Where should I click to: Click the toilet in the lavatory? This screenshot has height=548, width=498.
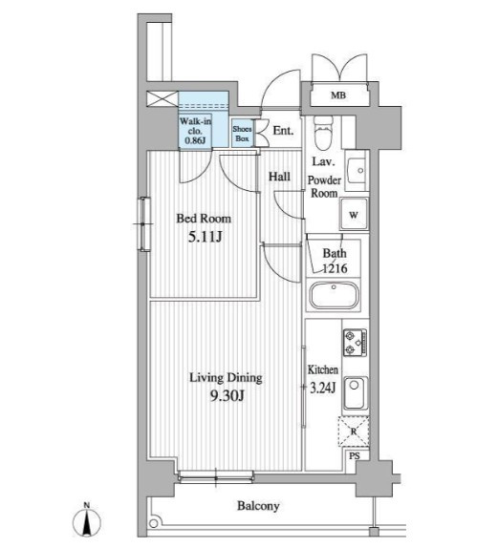coord(323,133)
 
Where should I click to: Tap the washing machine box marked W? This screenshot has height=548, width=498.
coord(354,214)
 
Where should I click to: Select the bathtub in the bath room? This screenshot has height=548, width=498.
coord(334,295)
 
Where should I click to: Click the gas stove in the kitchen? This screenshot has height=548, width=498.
coord(355,343)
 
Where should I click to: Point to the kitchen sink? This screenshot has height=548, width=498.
coord(356,393)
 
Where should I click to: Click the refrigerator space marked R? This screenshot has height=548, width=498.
coord(354,432)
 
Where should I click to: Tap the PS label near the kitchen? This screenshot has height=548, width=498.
coord(355,456)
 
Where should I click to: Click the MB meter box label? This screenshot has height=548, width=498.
coord(338,95)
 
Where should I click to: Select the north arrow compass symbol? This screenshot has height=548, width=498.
coord(87,520)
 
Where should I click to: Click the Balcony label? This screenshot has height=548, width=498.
coord(258,506)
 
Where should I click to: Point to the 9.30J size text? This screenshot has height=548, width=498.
coord(227,395)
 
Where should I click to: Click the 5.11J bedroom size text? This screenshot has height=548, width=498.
coord(206,238)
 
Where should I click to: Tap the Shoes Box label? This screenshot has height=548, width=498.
coord(242,134)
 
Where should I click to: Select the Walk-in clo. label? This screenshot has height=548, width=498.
coord(195,126)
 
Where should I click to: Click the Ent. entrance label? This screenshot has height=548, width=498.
coord(283,131)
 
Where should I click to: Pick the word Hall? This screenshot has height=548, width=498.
coord(279,177)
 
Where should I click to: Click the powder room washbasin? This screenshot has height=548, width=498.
coord(356,170)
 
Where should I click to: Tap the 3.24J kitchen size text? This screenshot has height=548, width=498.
coord(323,388)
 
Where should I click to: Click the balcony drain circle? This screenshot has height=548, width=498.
coord(153,523)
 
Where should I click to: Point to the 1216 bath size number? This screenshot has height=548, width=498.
coord(335,268)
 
